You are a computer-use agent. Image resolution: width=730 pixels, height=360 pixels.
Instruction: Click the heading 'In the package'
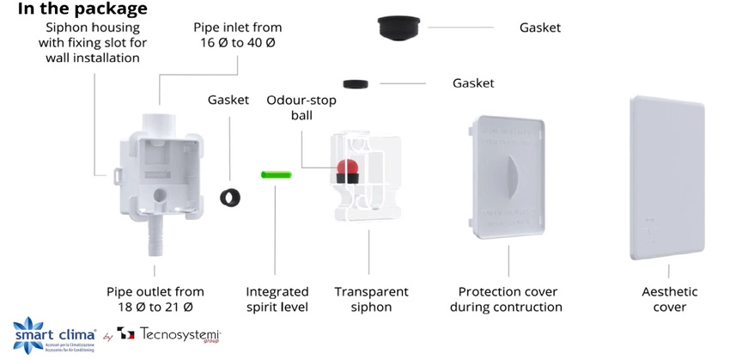(76, 9)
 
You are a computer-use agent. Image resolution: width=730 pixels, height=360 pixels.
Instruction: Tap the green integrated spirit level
(277, 174)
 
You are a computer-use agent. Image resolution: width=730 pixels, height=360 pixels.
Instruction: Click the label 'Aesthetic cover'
(669, 300)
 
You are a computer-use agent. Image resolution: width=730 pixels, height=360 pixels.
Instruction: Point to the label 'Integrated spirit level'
(277, 300)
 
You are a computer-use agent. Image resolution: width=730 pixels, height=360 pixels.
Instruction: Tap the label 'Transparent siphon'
(371, 300)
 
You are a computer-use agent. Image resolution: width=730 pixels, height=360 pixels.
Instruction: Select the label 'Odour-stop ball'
(301, 107)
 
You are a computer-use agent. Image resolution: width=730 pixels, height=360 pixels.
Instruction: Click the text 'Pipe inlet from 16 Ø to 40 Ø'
(236, 35)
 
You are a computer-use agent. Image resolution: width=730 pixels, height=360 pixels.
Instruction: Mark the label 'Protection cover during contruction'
(509, 300)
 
